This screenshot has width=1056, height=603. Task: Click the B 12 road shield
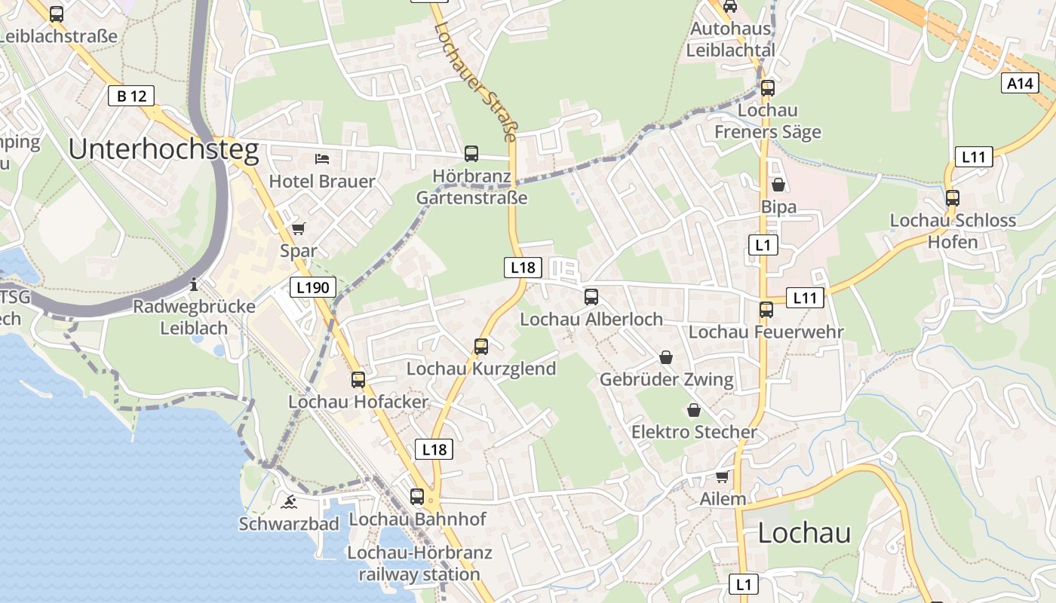point(131,96)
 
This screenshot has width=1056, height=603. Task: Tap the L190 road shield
point(312,287)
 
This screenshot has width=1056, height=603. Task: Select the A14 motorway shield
point(1020,83)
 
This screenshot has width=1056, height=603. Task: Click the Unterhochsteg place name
point(164,150)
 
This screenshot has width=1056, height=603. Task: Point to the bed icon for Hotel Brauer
point(322,159)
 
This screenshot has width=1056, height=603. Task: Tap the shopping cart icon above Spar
point(299,228)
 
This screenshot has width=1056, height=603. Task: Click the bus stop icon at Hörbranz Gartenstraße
point(471,154)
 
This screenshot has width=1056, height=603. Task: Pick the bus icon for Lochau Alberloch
point(591,297)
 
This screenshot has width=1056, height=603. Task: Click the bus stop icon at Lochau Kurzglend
point(481,347)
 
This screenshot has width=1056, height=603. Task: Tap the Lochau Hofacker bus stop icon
point(358,380)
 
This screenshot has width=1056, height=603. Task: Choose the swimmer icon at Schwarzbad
point(289,501)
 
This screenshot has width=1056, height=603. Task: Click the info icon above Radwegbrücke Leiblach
point(194,284)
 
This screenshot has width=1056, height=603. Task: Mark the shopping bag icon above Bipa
point(778,185)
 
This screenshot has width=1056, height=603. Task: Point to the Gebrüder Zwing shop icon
point(666,357)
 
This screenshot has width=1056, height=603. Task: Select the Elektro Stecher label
point(694,432)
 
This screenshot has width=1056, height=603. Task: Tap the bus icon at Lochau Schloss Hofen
point(953,198)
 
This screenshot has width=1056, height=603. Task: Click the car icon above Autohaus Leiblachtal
point(729,7)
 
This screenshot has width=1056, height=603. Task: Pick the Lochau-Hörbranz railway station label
point(419,563)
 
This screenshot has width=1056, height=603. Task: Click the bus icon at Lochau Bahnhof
point(417,497)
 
